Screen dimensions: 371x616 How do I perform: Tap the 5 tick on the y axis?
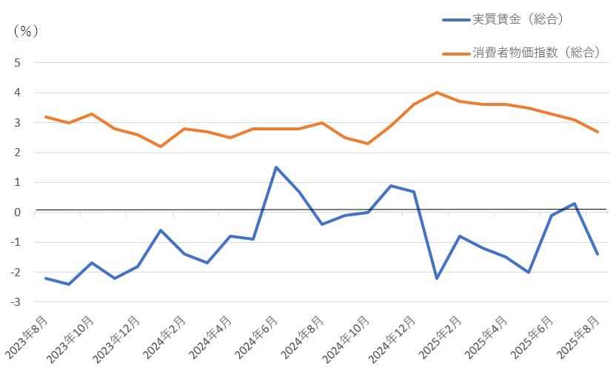[16, 63]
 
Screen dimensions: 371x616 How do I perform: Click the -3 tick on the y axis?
[15, 302]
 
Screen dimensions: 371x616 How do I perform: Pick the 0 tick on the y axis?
[16, 213]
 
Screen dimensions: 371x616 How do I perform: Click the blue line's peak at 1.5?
[276, 167]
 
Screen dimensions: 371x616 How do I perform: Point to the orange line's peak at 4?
[437, 93]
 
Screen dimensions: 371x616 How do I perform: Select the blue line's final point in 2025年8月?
[597, 254]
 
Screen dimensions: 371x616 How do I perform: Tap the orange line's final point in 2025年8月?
[597, 132]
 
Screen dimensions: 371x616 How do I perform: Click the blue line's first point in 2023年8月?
[46, 278]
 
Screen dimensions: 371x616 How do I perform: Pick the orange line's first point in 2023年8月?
[46, 117]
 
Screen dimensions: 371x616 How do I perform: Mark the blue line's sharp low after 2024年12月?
[437, 278]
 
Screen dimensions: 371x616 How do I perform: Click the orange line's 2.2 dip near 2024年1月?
[161, 147]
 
